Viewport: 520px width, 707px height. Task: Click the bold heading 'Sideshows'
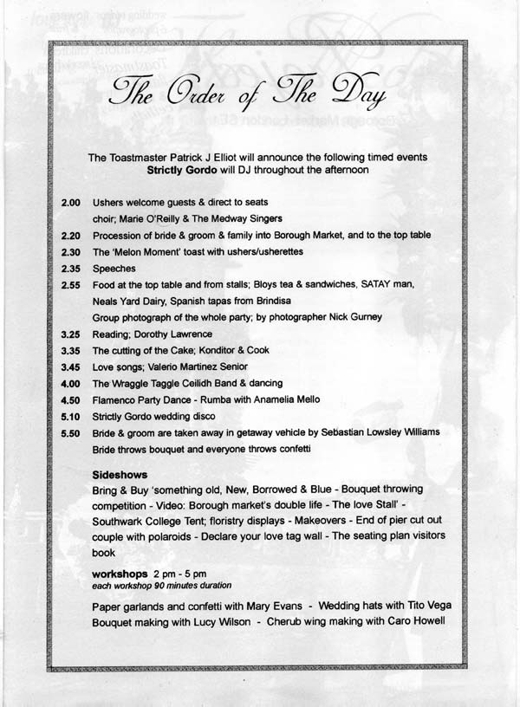coord(120,475)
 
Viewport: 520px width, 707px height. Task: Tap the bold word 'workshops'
coord(119,574)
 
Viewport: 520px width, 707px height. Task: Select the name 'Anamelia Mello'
coord(287,399)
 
